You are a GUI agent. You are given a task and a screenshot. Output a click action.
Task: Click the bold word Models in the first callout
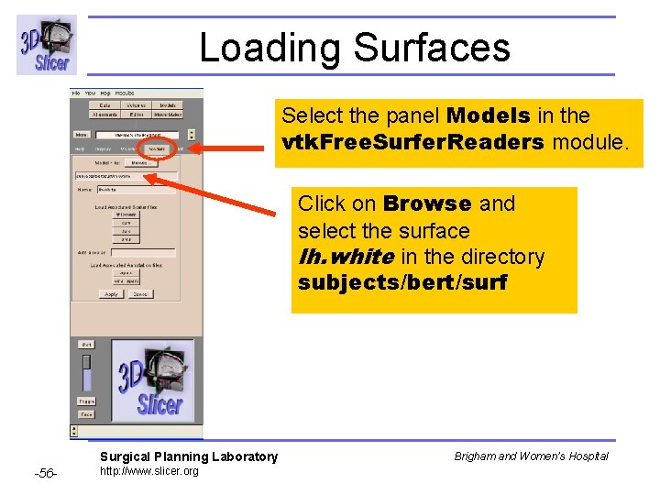click(x=489, y=115)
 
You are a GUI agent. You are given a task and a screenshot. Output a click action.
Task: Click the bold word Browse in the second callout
click(x=426, y=203)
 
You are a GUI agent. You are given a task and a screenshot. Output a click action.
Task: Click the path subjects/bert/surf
click(x=402, y=282)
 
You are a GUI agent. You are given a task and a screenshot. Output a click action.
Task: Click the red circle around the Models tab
click(x=157, y=148)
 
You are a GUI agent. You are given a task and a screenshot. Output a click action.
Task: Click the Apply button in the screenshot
click(x=111, y=294)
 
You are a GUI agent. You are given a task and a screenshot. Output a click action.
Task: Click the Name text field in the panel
click(x=136, y=190)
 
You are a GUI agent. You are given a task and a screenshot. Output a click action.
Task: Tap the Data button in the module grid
click(x=104, y=106)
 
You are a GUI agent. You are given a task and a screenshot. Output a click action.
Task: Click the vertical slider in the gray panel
click(x=86, y=372)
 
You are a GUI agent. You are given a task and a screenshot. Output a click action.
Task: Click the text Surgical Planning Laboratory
click(x=188, y=456)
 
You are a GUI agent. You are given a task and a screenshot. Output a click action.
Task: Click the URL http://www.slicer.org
click(x=148, y=471)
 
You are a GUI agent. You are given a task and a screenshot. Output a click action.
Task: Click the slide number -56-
click(x=46, y=473)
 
